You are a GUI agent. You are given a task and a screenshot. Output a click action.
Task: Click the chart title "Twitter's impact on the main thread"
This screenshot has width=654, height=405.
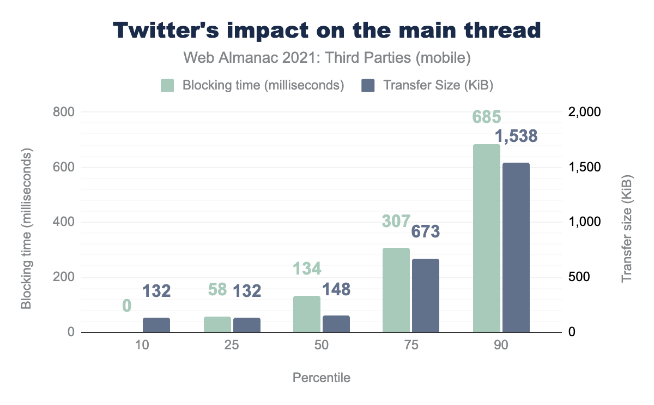pyautogui.click(x=327, y=31)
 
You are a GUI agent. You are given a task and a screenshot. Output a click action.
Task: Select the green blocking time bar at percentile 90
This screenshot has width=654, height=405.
pyautogui.click(x=487, y=239)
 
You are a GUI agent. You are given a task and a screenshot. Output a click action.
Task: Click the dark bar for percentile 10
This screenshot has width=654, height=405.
pyautogui.click(x=156, y=325)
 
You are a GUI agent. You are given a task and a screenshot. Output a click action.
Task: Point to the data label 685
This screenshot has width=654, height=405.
pyautogui.click(x=487, y=117)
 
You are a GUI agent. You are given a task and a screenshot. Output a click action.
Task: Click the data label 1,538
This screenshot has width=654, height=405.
pyautogui.click(x=516, y=136)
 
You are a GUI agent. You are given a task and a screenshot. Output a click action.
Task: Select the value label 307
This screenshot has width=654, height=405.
pyautogui.click(x=396, y=221)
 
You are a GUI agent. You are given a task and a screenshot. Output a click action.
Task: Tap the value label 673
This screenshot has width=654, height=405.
pyautogui.click(x=426, y=232)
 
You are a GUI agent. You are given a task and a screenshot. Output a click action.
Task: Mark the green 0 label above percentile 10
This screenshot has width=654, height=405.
pyautogui.click(x=126, y=306)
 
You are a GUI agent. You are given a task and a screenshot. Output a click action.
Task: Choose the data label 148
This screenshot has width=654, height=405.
pyautogui.click(x=336, y=289)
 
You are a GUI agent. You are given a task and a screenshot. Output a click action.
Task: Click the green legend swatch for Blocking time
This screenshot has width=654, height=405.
pyautogui.click(x=167, y=86)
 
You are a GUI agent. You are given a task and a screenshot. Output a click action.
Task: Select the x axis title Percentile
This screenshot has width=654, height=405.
pyautogui.click(x=322, y=378)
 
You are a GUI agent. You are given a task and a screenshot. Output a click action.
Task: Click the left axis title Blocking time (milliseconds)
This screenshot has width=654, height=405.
pyautogui.click(x=26, y=222)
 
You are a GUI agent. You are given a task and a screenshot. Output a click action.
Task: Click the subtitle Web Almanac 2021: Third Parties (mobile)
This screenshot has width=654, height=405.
pyautogui.click(x=327, y=57)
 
